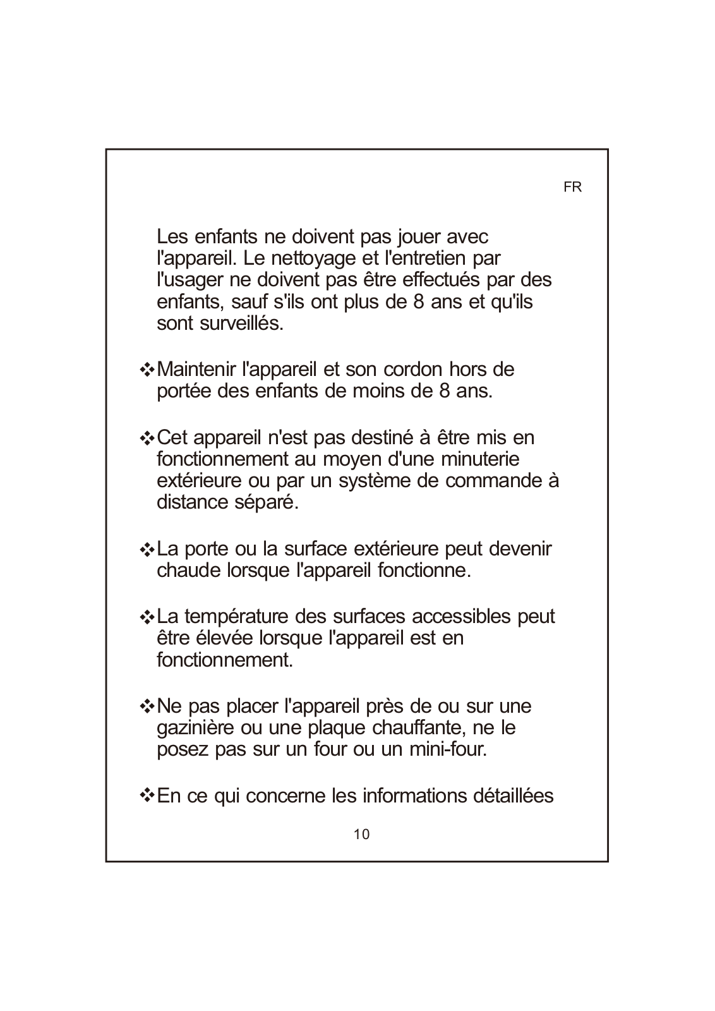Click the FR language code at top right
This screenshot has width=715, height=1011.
(572, 188)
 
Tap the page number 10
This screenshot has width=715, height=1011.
(361, 834)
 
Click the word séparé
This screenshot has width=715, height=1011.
(266, 503)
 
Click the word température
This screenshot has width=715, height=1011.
(236, 616)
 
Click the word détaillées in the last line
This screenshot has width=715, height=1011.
(513, 796)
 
